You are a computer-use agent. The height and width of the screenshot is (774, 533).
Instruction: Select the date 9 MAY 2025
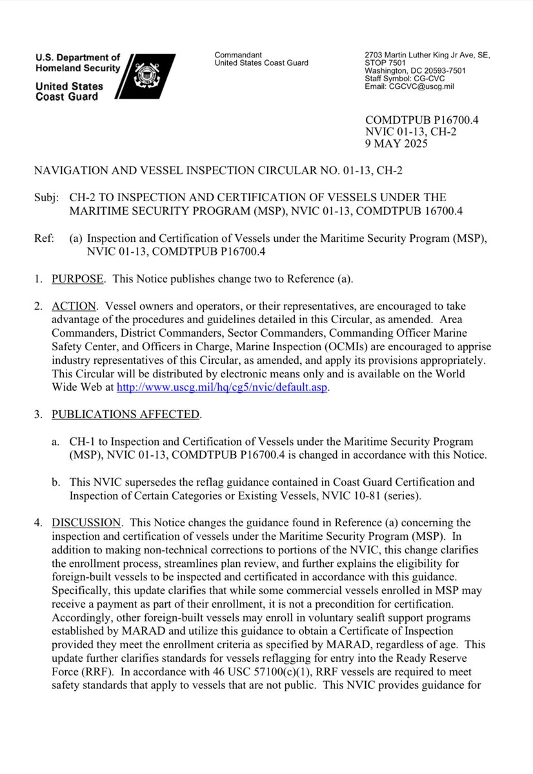click(x=396, y=144)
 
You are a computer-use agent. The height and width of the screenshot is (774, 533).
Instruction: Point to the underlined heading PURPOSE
click(x=77, y=278)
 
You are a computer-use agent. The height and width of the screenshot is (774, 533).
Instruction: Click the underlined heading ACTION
click(x=74, y=306)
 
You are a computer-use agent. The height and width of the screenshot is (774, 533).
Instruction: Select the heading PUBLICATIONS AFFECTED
click(x=126, y=413)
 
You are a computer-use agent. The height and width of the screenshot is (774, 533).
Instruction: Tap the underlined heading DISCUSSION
click(x=86, y=522)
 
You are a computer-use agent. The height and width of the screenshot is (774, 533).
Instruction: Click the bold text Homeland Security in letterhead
click(x=78, y=68)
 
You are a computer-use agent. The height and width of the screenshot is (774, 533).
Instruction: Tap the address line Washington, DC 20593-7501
click(x=416, y=71)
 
